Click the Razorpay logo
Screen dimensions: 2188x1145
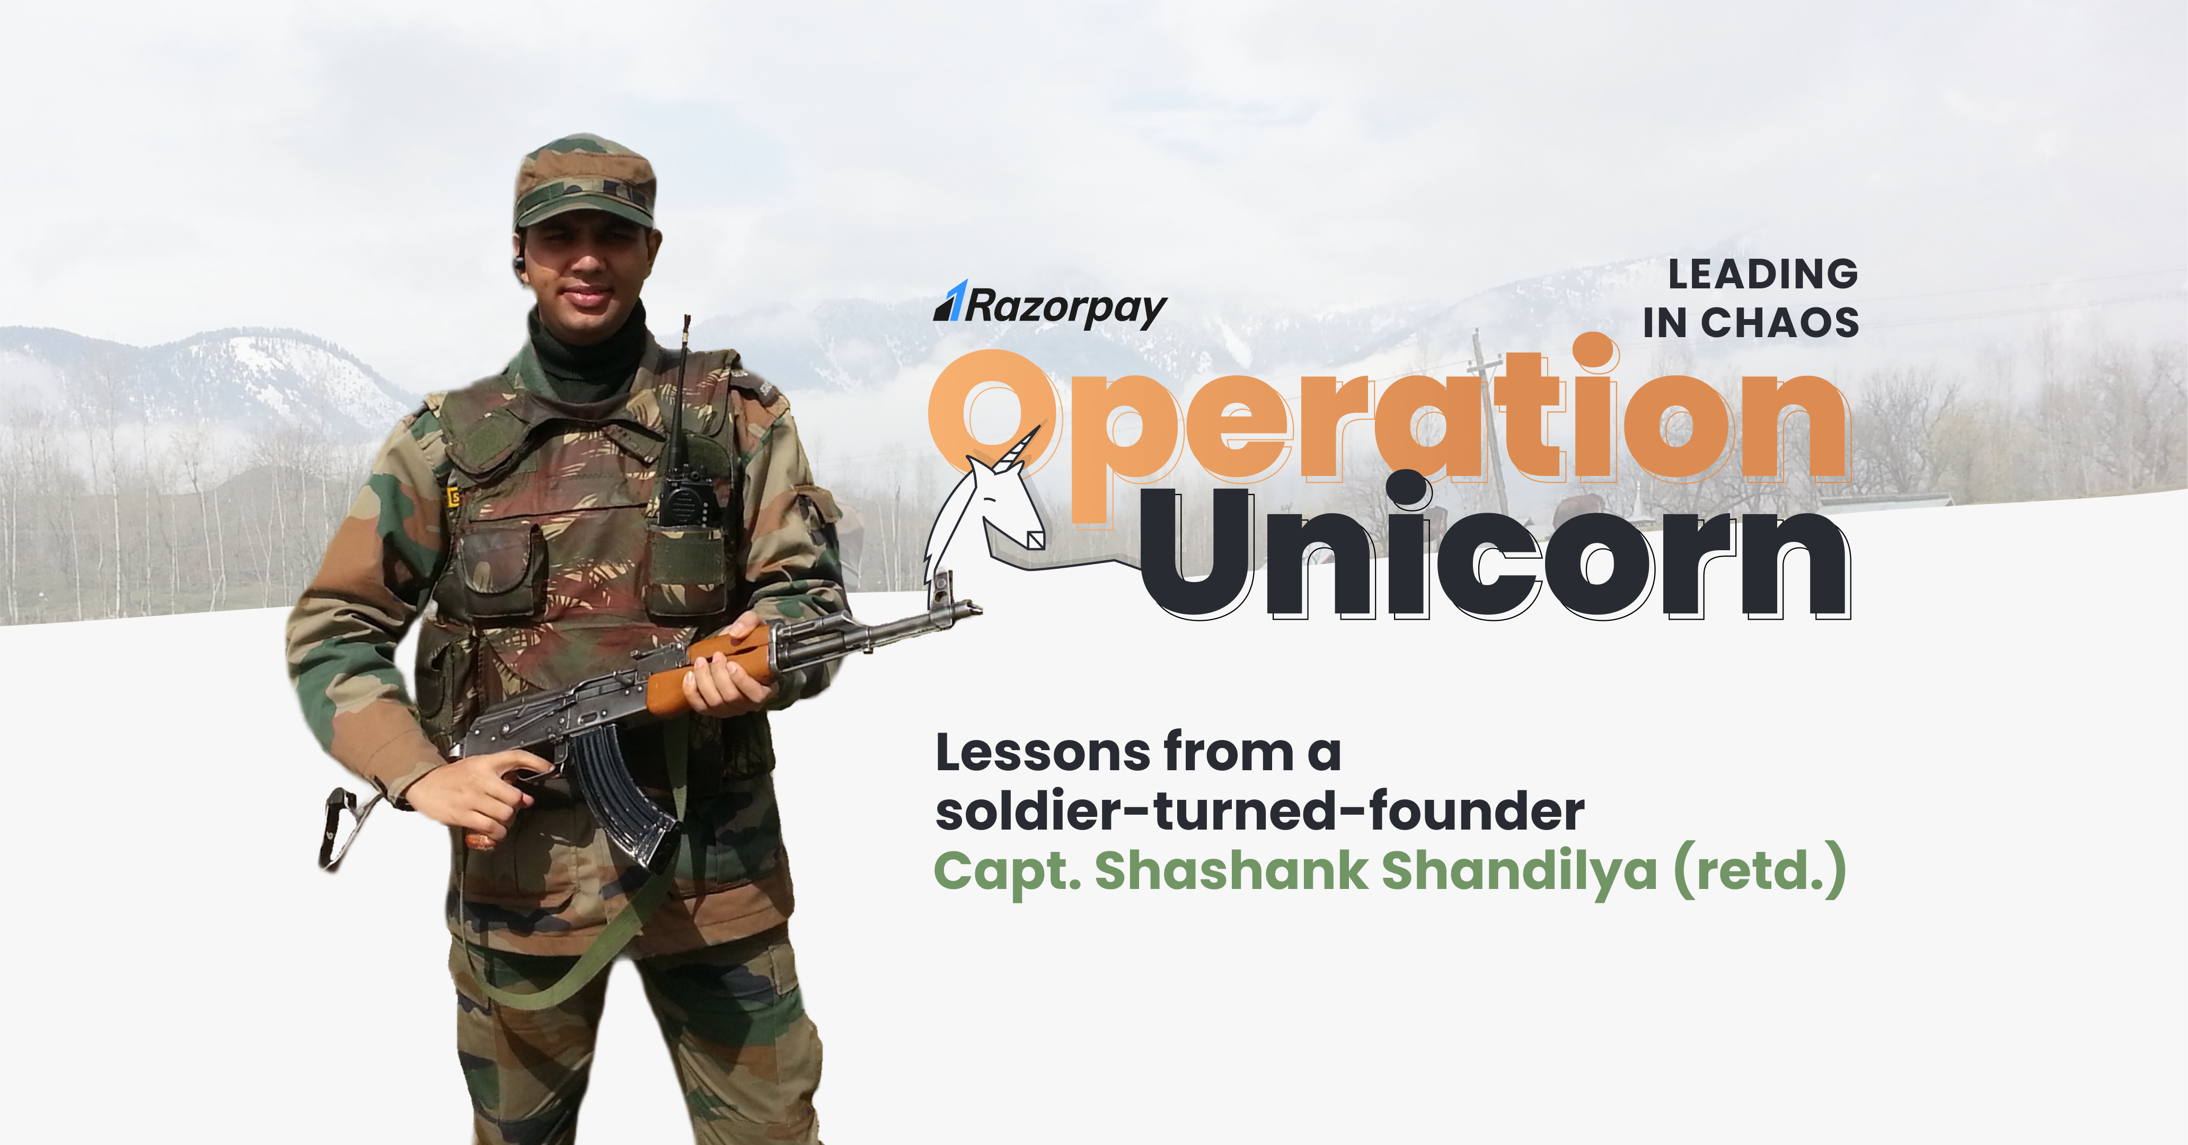[x=1051, y=306]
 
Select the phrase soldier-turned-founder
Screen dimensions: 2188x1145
[x=1259, y=811]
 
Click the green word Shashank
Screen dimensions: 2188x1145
[x=1232, y=870]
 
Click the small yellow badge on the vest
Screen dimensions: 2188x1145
[x=453, y=497]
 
